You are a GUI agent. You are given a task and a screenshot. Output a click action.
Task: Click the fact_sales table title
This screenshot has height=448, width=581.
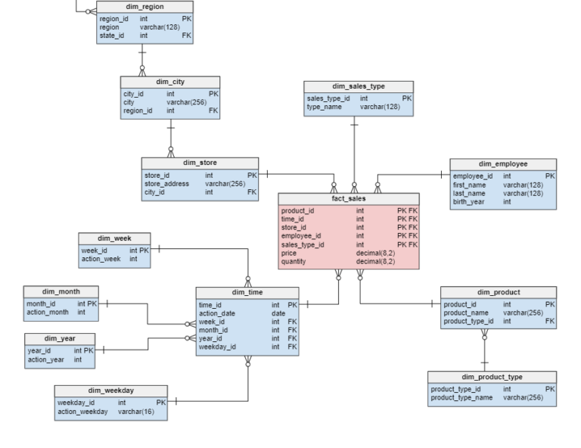348,198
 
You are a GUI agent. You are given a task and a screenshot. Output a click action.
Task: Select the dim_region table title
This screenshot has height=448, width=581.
144,7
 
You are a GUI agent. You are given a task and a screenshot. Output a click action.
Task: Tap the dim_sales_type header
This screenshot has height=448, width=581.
359,86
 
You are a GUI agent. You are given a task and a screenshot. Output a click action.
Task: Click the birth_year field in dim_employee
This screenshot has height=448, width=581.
471,202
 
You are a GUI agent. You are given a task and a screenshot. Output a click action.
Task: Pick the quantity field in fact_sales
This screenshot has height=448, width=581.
294,262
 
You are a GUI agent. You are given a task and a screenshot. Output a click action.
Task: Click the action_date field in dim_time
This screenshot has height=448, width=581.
216,313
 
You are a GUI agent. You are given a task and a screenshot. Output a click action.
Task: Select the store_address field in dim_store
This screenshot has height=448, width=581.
166,184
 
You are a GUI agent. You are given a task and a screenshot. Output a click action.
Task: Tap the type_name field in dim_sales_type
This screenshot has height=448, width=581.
325,107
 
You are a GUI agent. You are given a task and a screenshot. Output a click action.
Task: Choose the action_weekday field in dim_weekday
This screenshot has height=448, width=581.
84,412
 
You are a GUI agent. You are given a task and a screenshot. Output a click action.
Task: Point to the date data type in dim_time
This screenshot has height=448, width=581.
278,313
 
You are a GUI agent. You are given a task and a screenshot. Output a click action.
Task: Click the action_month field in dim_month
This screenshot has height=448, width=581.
48,312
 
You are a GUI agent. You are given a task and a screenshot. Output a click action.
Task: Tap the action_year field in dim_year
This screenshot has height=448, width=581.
45,359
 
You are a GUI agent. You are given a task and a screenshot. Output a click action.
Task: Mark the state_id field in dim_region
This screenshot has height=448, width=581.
113,35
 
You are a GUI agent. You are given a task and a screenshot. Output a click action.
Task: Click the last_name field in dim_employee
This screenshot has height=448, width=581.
469,194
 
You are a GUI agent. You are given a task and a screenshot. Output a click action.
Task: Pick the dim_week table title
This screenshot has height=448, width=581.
114,238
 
